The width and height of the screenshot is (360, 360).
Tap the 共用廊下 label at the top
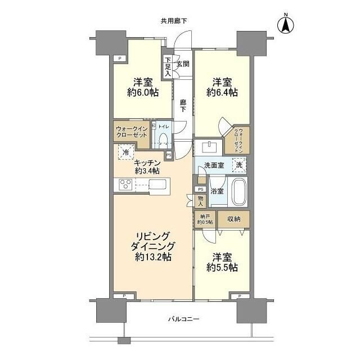[x=174, y=21]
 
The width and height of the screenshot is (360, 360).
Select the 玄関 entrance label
[x=183, y=64]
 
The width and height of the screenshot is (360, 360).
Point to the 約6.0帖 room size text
[x=142, y=93]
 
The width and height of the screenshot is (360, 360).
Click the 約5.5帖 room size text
[x=222, y=268]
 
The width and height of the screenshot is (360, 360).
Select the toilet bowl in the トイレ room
[x=164, y=140]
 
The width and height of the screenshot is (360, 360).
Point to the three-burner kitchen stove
[x=125, y=184]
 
